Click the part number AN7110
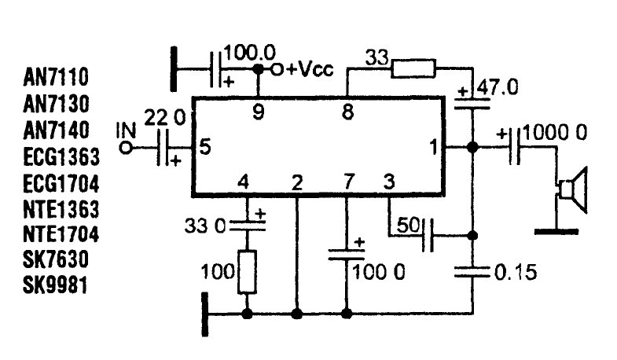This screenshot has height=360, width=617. coord(56,77)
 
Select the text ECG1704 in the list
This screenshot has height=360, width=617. coord(61,184)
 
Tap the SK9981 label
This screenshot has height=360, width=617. coord(55,285)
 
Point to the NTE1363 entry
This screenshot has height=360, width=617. coord(61,209)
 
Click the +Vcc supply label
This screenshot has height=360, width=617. coord(310,69)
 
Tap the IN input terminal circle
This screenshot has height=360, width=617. coord(126,149)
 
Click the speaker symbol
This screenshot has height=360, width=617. coord(573,190)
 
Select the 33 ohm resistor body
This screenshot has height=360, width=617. coord(413,68)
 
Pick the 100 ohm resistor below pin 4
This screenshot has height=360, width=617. coord(247,272)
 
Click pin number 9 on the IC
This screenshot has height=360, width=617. coord(258,112)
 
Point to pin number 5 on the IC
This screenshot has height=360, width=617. coord(204,147)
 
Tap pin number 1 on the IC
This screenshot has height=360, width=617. coord(434,147)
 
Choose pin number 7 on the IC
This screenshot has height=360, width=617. coord(349,182)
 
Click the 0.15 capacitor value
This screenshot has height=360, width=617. coord(516,272)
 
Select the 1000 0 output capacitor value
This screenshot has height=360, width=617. coord(555,133)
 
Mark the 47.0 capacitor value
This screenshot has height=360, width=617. coord(498,87)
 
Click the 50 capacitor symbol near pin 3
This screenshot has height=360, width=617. coord(428,235)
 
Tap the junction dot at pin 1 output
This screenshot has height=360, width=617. coord(472,148)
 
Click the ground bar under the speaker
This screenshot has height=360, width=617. coord(556,232)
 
